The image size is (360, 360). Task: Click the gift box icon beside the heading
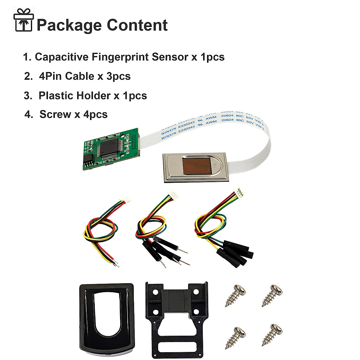tap(24, 20)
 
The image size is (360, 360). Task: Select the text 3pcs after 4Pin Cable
tap(118, 76)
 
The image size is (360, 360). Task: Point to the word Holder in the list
tap(93, 96)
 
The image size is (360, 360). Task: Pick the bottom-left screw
tap(236, 338)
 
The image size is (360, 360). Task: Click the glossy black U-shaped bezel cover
tap(106, 319)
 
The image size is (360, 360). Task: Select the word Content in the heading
tap(137, 25)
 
